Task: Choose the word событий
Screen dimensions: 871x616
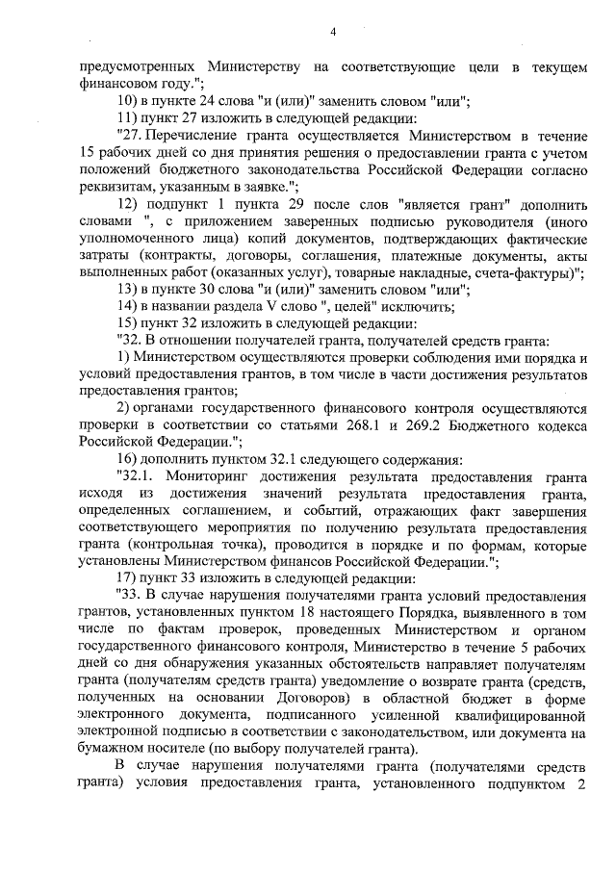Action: [396, 513]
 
